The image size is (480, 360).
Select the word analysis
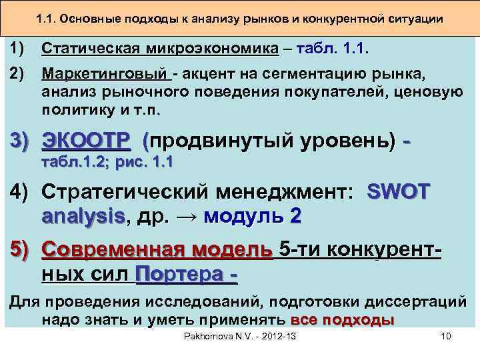[83, 216]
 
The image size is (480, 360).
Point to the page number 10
[446, 337]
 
